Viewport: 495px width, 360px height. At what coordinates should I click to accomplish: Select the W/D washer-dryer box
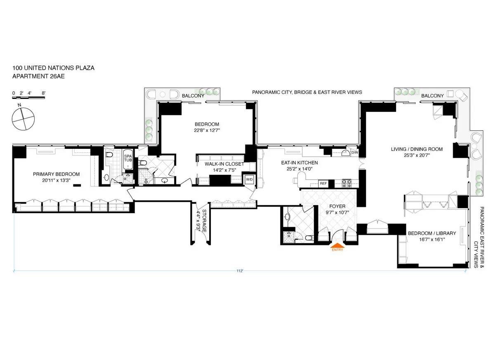click(249, 179)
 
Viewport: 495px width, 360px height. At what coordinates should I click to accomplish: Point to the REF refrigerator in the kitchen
click(323, 183)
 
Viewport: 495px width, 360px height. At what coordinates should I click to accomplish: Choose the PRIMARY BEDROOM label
click(56, 174)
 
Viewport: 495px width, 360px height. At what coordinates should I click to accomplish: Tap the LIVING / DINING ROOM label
click(417, 149)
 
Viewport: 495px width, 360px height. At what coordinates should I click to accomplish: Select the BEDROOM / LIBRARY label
click(432, 233)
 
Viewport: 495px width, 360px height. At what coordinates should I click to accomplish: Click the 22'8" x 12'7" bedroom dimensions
click(207, 131)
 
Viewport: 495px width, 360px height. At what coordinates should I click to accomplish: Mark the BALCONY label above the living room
click(432, 96)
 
